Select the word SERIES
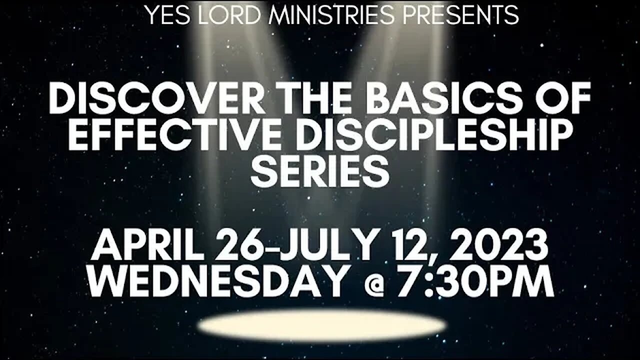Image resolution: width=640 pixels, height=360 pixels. tap(320, 171)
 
